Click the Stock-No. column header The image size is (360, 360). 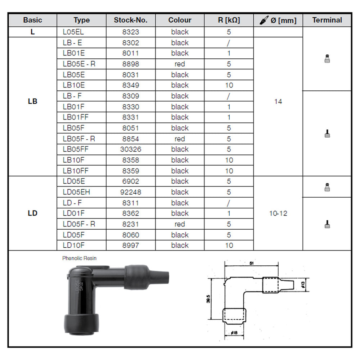pos(130,20)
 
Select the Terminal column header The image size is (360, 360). pos(327,20)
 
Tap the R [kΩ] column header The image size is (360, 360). pos(229,20)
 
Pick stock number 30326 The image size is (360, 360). pos(130,149)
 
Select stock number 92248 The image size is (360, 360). pos(130,192)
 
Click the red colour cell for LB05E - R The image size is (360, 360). pos(180,64)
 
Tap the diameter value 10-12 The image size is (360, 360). pos(278,213)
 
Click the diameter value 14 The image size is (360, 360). pos(278,102)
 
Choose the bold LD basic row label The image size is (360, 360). pos(32,213)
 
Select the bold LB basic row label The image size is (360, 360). pos(32,102)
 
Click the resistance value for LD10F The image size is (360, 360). pos(229,246)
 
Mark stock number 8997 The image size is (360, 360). pos(130,246)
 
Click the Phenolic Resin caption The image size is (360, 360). pos(79,258)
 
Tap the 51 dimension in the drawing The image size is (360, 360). pos(252,263)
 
